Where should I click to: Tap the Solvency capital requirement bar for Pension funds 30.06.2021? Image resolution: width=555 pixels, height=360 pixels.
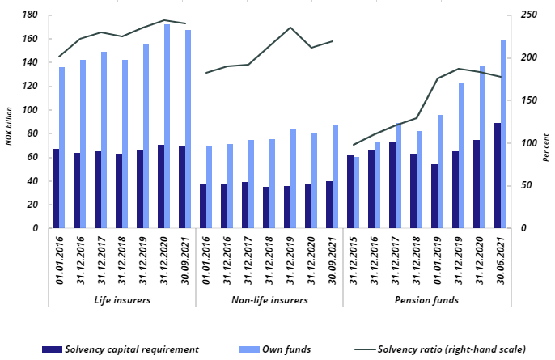497,176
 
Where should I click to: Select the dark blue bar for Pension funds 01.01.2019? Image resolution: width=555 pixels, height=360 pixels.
434,197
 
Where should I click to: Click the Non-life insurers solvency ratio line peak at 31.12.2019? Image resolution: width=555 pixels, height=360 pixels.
290,28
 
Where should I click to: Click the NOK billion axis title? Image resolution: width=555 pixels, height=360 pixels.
9,121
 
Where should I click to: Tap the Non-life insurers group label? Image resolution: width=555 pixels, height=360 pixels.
269,299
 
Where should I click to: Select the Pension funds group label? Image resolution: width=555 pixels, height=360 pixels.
426,299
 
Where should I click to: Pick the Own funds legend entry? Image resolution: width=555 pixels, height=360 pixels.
277,349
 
